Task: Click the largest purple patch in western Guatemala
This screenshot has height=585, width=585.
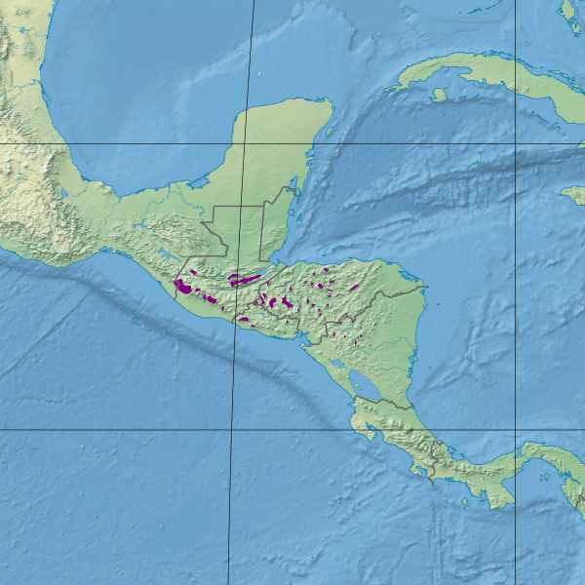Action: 181,287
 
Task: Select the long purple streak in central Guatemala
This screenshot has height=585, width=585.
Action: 244,280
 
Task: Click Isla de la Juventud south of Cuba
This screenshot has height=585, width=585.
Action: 440,95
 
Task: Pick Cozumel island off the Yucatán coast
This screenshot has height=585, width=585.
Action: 329,129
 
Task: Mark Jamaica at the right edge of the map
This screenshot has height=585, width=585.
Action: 573,194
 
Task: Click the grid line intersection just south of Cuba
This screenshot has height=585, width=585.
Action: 516,144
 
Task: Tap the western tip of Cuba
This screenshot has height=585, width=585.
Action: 388,89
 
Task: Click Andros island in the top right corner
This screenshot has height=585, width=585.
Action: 568,16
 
